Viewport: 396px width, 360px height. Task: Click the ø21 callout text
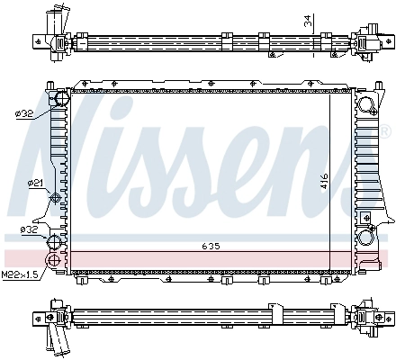tap(35, 184)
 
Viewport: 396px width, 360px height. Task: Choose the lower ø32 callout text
tap(29, 230)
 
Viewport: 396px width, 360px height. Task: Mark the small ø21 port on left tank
tap(56, 198)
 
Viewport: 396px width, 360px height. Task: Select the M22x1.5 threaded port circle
tap(53, 262)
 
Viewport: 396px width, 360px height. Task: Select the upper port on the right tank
tap(367, 107)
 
